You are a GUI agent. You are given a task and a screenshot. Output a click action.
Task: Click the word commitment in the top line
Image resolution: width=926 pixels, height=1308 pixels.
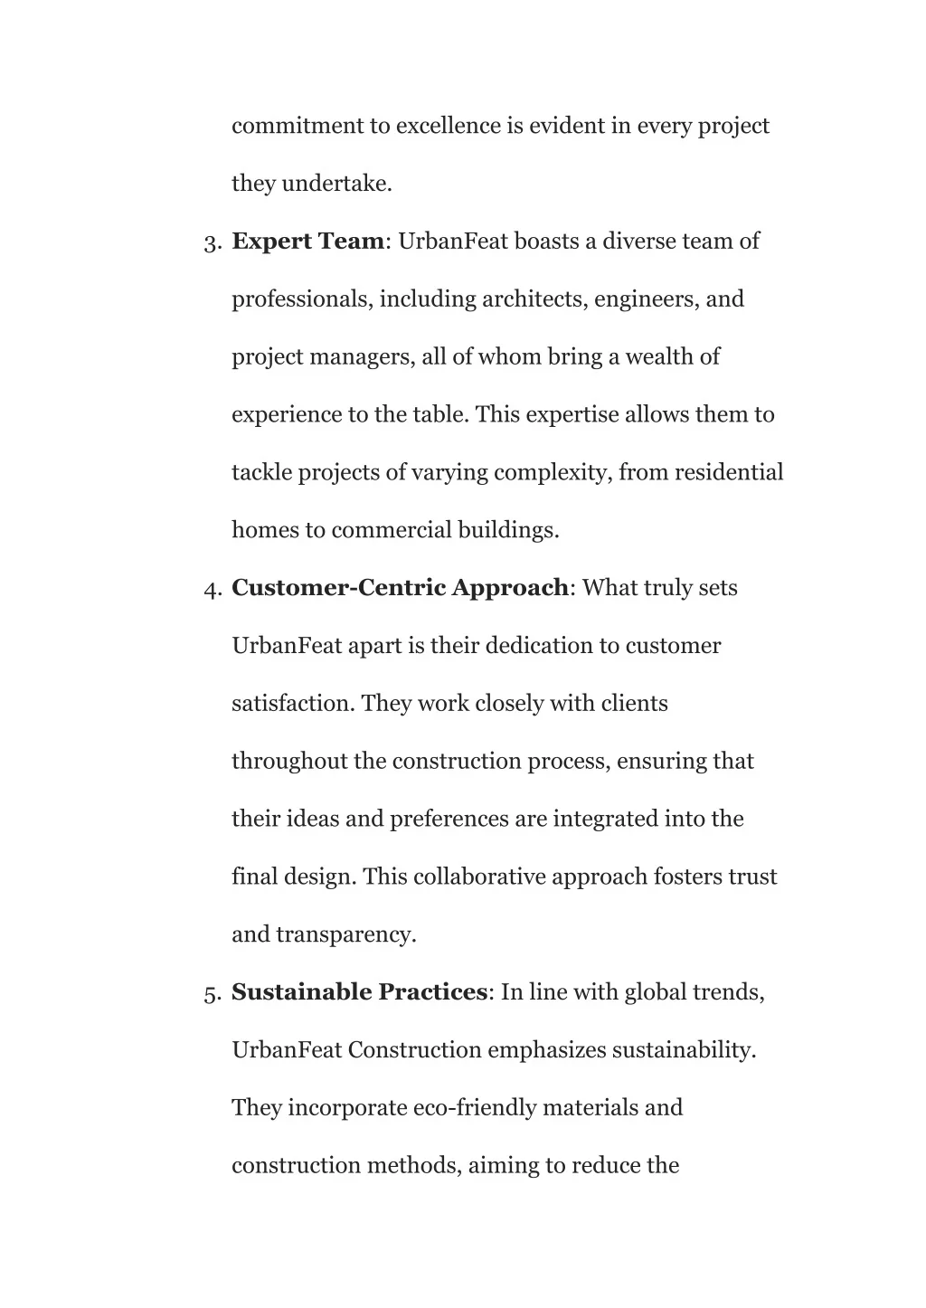coord(297,126)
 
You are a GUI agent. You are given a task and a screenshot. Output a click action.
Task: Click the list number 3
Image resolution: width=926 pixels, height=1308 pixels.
coord(213,242)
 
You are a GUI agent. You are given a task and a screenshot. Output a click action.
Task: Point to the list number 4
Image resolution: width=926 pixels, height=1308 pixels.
coord(213,590)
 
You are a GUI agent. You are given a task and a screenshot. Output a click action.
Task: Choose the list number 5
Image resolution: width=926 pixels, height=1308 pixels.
coord(213,994)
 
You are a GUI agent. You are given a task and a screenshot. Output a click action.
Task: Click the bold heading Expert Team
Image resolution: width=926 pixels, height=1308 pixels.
coord(308,242)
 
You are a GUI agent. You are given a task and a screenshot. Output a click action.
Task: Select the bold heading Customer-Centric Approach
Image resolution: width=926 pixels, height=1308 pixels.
coord(401,588)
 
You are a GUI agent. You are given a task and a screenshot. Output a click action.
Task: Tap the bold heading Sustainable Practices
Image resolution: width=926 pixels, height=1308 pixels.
coord(359,992)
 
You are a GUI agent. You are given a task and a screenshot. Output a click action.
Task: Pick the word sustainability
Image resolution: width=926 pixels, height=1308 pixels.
coord(684,1050)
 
